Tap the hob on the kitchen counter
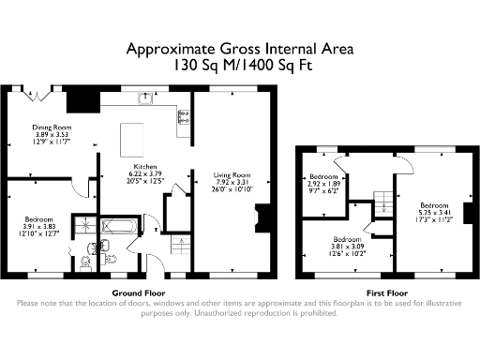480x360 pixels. point(184,118)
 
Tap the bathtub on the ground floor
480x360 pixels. point(118,227)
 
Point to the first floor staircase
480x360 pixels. point(382,200)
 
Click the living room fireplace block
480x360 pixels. point(263,218)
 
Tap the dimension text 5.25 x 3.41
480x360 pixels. point(434,211)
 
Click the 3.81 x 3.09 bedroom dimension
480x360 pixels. point(347,246)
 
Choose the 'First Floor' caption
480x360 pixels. point(385,292)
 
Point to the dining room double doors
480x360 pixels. point(45,92)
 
